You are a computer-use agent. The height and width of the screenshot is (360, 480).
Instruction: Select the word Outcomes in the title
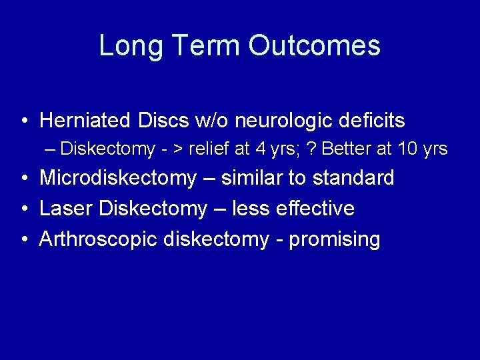(x=315, y=45)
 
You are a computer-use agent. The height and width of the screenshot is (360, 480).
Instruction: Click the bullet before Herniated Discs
(x=24, y=121)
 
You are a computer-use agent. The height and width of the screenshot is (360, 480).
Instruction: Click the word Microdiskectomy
(x=118, y=179)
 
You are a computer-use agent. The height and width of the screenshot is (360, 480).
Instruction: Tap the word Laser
(x=66, y=209)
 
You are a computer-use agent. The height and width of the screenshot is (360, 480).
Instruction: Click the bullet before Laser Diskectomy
(x=24, y=209)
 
